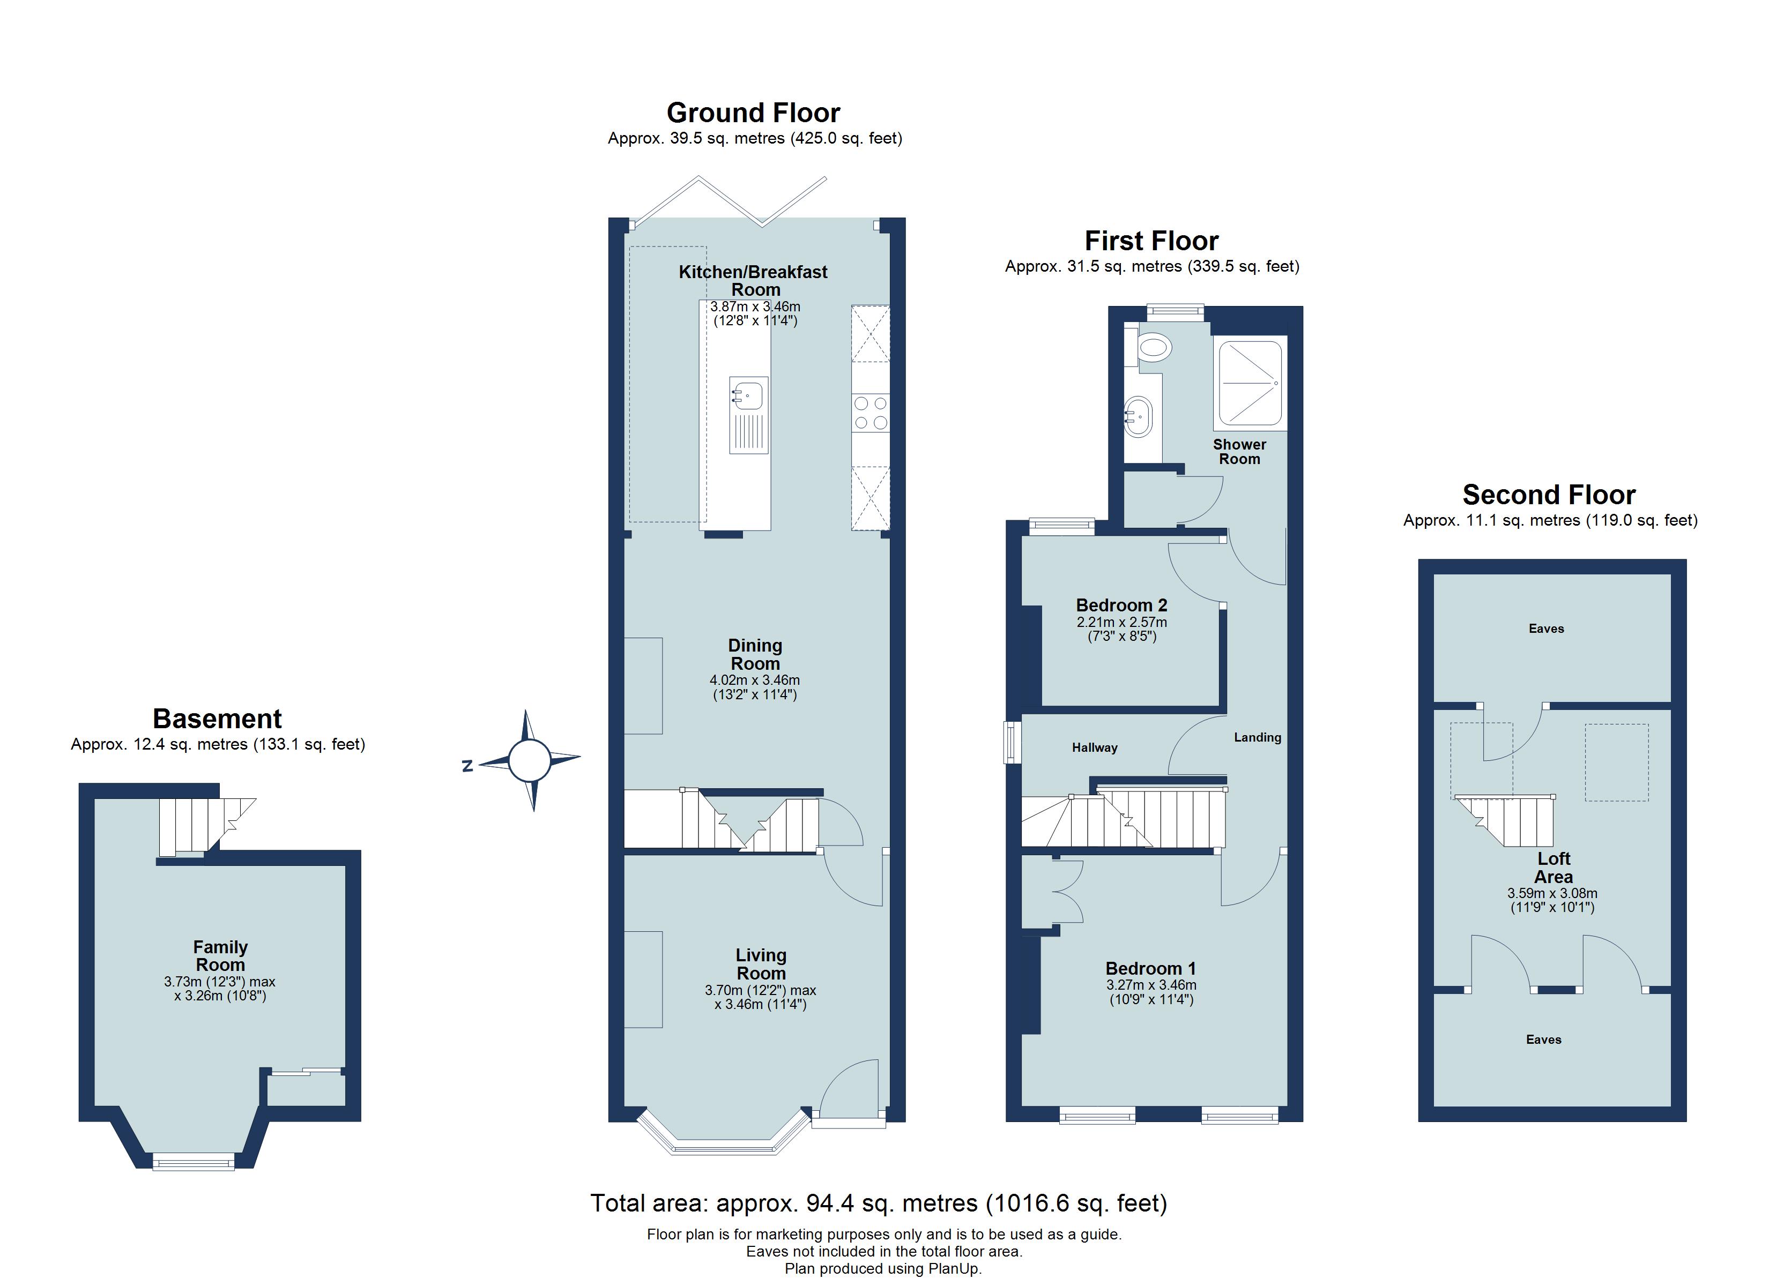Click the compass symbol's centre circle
[530, 760]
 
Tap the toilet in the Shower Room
[1153, 347]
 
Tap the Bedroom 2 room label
[1121, 605]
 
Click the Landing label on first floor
[1257, 737]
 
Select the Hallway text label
[1094, 747]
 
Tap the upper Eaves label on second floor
[1546, 629]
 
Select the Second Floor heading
[1548, 495]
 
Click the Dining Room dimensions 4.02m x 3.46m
[754, 680]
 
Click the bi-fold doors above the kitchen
[729, 201]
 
